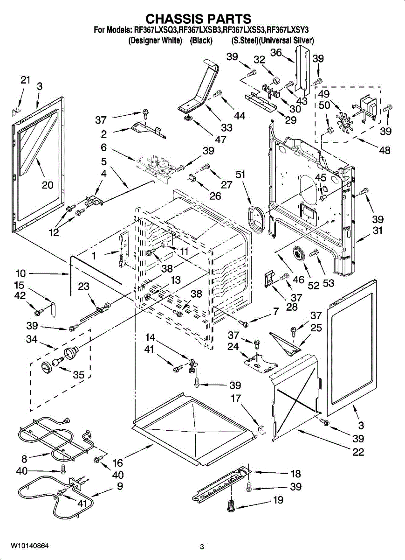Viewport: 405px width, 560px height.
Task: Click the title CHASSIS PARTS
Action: tap(199, 19)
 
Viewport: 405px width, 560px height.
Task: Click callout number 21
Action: tap(25, 80)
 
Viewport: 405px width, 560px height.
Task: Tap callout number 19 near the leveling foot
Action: tap(278, 501)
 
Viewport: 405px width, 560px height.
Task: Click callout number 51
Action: tap(240, 175)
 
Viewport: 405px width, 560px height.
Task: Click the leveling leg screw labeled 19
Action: tap(230, 506)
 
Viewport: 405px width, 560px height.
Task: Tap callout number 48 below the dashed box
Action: tap(384, 150)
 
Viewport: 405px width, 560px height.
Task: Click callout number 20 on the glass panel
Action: tap(48, 185)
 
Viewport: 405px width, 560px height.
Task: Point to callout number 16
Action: tap(117, 462)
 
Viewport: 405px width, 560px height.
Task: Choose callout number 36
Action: tap(276, 53)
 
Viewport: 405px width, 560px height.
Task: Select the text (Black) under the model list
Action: tap(201, 41)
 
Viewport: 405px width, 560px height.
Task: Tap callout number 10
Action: tap(21, 273)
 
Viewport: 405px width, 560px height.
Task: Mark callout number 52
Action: tap(314, 285)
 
